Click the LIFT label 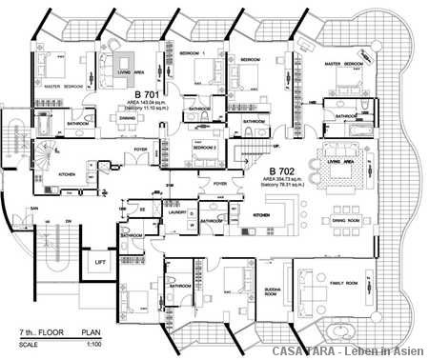(x=98, y=261)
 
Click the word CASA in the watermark (x=288, y=350)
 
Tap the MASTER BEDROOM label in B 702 (x=346, y=64)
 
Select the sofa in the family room (x=309, y=285)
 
